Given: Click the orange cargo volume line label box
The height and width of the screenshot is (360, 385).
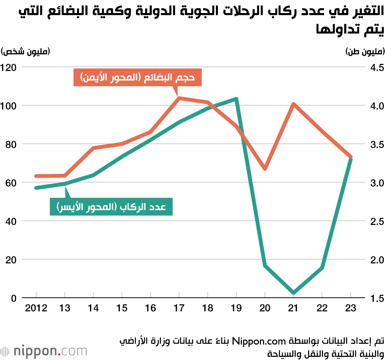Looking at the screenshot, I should pyautogui.click(x=137, y=78).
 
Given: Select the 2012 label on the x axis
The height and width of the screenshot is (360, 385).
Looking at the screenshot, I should pyautogui.click(x=36, y=308).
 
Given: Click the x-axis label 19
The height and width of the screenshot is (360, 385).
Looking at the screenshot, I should pyautogui.click(x=236, y=308).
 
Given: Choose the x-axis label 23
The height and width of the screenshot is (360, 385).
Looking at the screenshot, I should pyautogui.click(x=351, y=308).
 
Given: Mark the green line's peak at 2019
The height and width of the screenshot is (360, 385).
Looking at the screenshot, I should pyautogui.click(x=236, y=99).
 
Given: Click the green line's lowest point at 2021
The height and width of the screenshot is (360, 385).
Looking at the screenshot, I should pyautogui.click(x=294, y=293).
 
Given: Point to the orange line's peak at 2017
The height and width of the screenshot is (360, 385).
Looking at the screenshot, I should pyautogui.click(x=179, y=98).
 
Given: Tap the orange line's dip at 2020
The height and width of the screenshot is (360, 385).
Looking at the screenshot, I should pyautogui.click(x=265, y=168).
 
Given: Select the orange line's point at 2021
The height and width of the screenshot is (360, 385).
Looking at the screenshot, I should pyautogui.click(x=293, y=104).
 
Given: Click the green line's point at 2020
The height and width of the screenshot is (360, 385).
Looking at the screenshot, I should pyautogui.click(x=265, y=265).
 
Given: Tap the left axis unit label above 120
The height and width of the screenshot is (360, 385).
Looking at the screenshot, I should pyautogui.click(x=25, y=52).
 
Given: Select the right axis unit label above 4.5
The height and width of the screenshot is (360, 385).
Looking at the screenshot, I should pyautogui.click(x=363, y=52).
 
